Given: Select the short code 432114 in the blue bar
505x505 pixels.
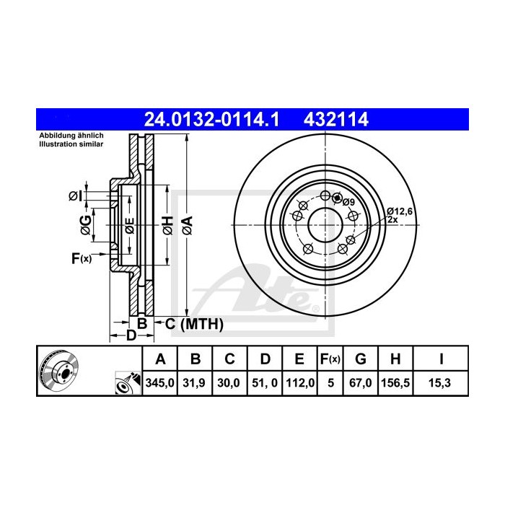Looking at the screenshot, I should click(x=338, y=119).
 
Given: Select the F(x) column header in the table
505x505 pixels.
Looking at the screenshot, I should click(x=330, y=359).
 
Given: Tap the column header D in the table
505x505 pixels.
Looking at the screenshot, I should click(x=265, y=359).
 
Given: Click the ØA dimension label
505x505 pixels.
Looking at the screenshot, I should click(x=187, y=224).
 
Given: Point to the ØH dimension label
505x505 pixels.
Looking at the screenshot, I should click(x=167, y=224).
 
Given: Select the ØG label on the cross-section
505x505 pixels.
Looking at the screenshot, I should click(x=86, y=224).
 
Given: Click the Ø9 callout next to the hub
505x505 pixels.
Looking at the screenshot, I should click(x=348, y=202).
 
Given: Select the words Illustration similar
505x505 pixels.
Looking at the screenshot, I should click(x=71, y=144).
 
